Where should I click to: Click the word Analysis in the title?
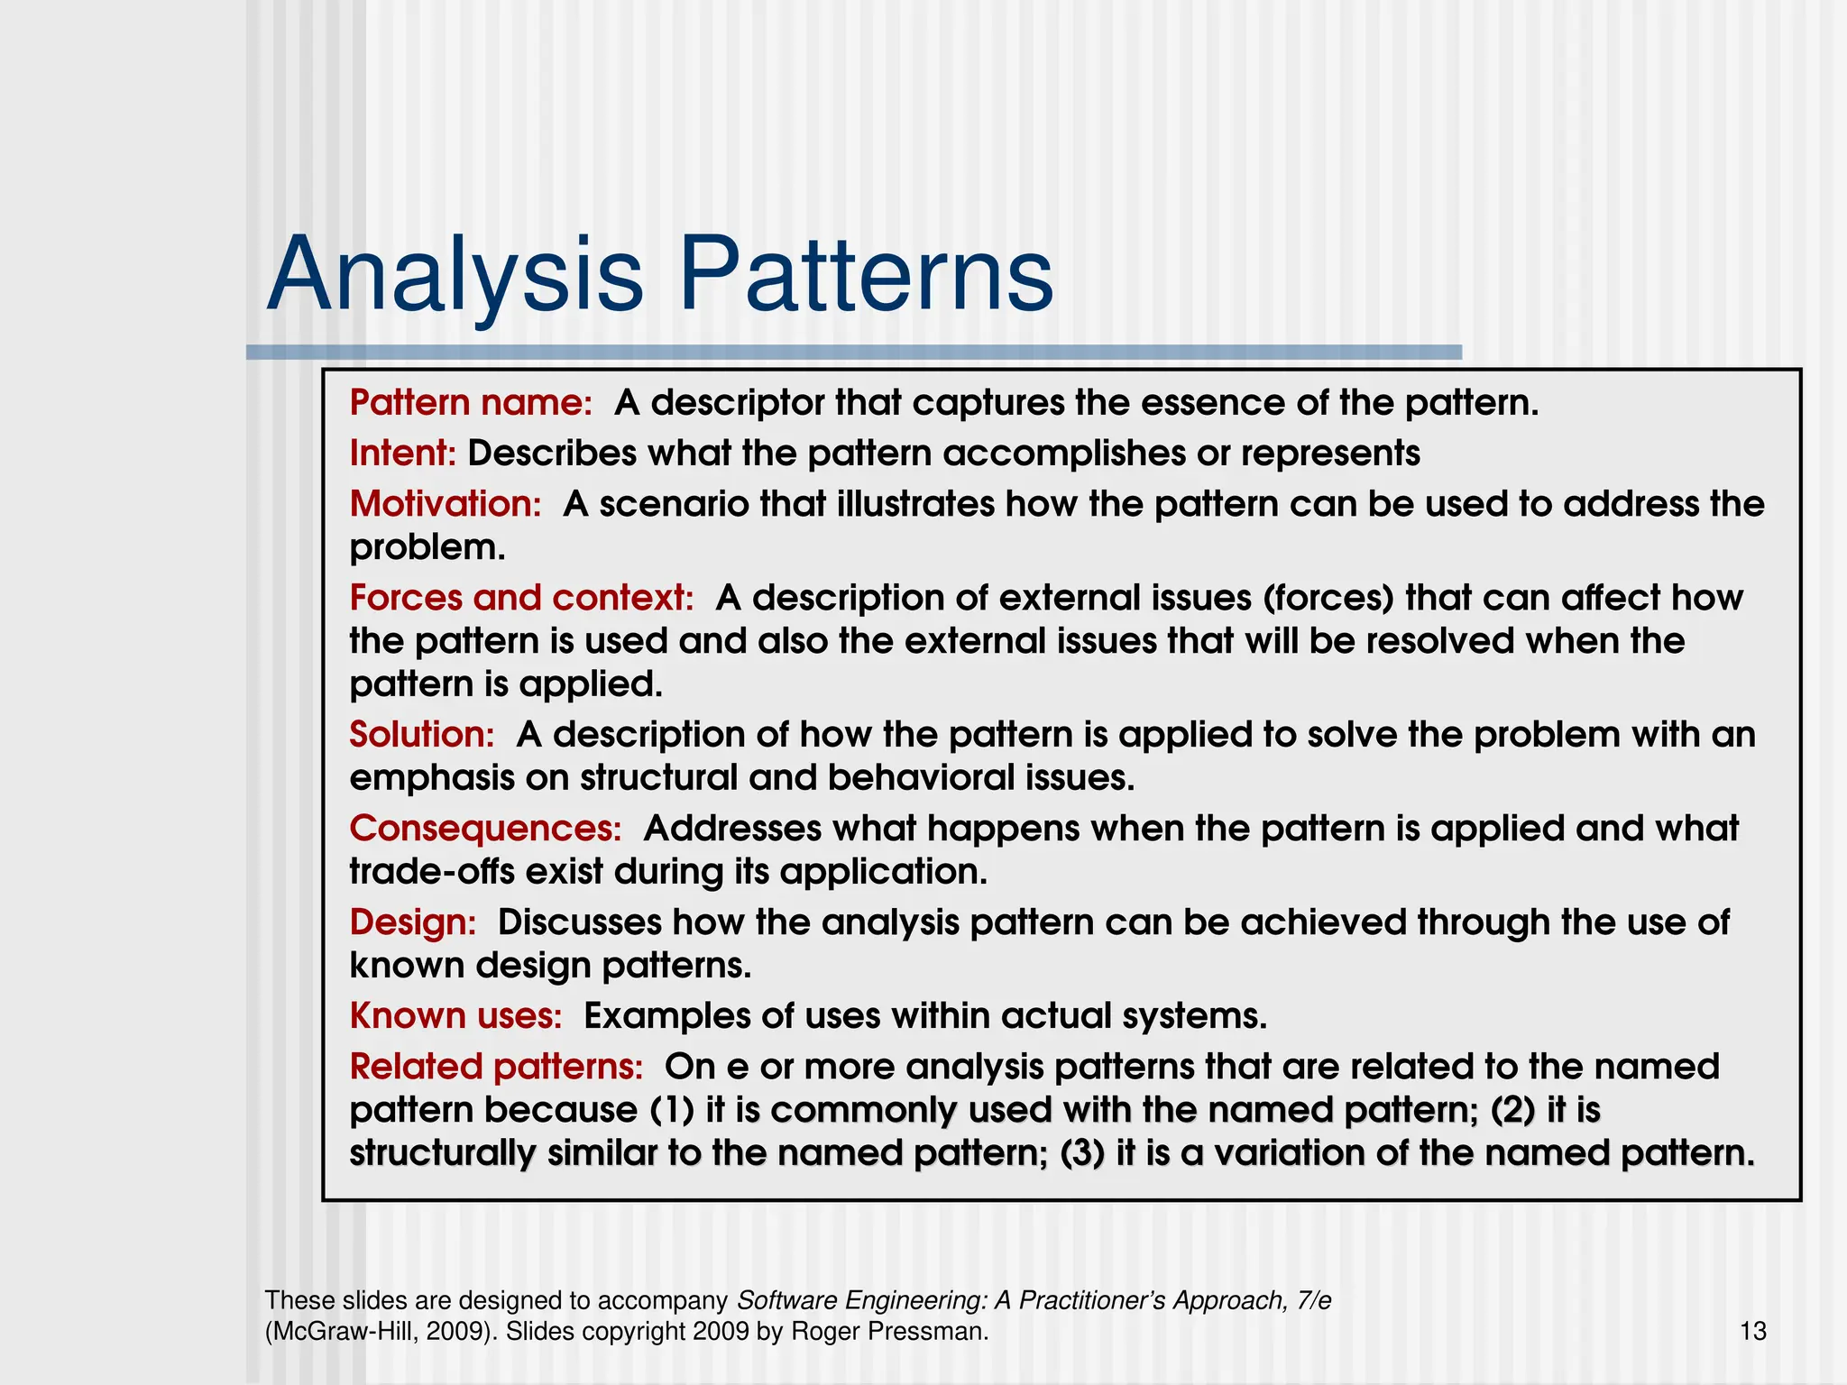coord(455,275)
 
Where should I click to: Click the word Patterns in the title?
coord(866,275)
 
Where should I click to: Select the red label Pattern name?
coord(471,403)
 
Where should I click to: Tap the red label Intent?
coord(403,454)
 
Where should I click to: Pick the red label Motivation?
coord(446,504)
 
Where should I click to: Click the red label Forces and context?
coord(521,598)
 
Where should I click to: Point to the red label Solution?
coord(422,735)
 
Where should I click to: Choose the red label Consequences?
coord(485,829)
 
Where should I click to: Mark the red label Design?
coord(412,922)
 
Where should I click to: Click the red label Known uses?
coord(455,1016)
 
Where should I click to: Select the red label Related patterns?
coord(496,1067)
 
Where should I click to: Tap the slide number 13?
coord(1752,1332)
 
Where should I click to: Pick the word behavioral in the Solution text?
coord(921,778)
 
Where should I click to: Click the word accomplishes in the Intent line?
coord(1064,454)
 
